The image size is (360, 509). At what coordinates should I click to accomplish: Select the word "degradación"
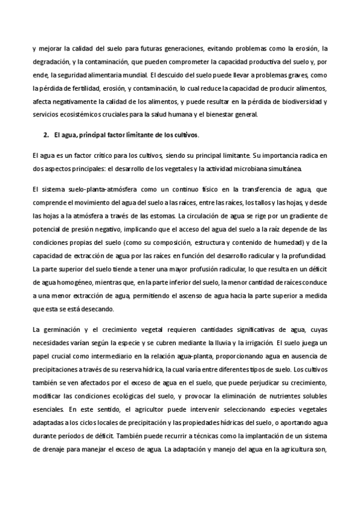pos(52,62)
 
